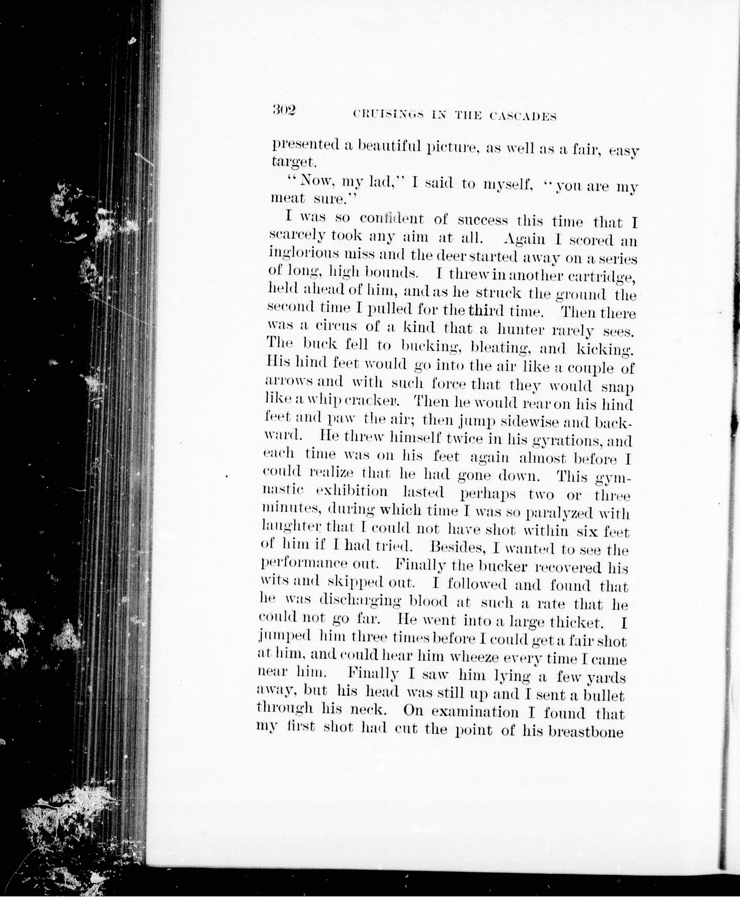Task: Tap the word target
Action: [x=294, y=162]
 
